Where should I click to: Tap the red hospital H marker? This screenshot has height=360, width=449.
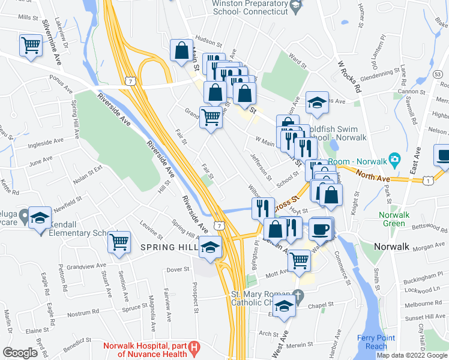pos(194,347)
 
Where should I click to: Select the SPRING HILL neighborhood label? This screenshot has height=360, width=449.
pos(164,247)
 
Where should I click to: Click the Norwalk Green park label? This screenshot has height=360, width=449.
pos(393,219)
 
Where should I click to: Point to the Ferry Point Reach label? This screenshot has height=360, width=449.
pos(372,342)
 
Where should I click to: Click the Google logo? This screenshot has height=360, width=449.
pos(20,353)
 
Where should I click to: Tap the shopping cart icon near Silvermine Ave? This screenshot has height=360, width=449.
pos(31,45)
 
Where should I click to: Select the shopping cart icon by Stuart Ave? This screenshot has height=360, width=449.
pos(119,242)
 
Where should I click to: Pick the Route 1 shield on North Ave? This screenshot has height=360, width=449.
pos(428,180)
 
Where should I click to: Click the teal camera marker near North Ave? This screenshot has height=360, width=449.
pos(394,159)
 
